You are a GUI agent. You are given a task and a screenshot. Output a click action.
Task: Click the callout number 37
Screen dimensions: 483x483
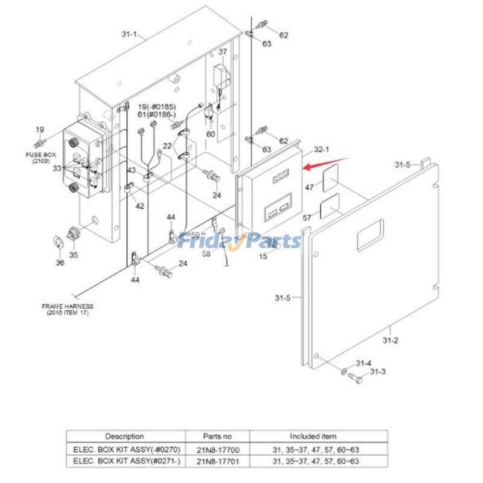[223, 52]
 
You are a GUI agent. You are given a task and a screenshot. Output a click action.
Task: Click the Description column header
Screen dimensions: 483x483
[125, 436]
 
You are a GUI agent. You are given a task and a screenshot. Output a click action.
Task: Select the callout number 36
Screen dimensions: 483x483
[60, 263]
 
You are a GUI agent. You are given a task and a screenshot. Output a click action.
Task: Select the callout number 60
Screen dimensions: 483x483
[211, 134]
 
